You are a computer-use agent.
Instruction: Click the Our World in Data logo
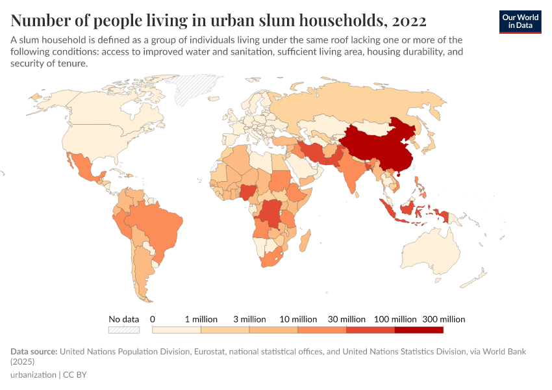[x=520, y=21]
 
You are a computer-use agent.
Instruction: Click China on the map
[x=377, y=146]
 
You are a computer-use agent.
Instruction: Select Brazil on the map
[x=156, y=224]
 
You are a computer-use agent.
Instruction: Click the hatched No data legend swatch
[x=124, y=330]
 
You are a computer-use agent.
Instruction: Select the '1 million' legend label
[x=201, y=319]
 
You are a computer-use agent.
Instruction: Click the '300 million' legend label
[x=444, y=319]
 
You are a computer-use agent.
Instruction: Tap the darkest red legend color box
[x=419, y=330]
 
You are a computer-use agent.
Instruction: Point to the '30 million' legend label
[x=347, y=319]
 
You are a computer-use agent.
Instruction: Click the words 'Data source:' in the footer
[x=34, y=352]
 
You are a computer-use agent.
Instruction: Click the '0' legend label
[x=153, y=319]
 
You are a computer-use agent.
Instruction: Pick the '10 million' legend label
[x=299, y=319]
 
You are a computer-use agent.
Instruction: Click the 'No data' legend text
[x=124, y=319]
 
